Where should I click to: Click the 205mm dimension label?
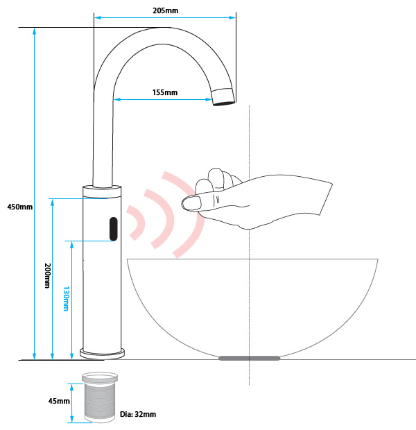[164, 10]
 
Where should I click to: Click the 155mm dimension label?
[164, 92]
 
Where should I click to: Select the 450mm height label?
[19, 207]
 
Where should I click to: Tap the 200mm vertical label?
[46, 275]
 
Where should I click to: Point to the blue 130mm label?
[66, 298]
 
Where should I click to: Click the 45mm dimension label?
[59, 401]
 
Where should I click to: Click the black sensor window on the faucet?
[112, 229]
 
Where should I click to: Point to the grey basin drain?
[249, 358]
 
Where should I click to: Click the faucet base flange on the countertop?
[103, 352]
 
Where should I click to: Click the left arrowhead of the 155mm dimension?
[119, 99]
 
